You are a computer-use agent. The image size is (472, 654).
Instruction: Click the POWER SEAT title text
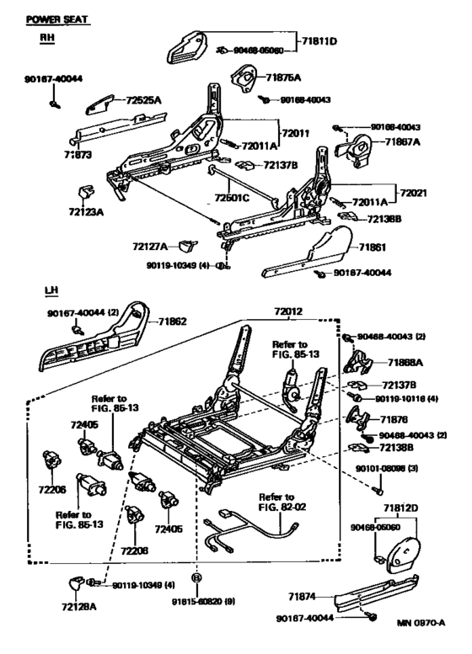[58, 19]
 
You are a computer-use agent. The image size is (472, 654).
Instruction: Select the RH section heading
[47, 38]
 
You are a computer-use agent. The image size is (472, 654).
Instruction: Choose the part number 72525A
[144, 100]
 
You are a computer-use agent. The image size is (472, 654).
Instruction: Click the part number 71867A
[403, 144]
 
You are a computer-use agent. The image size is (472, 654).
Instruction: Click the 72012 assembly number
[288, 311]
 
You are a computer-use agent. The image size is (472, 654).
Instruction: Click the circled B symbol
[197, 578]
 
